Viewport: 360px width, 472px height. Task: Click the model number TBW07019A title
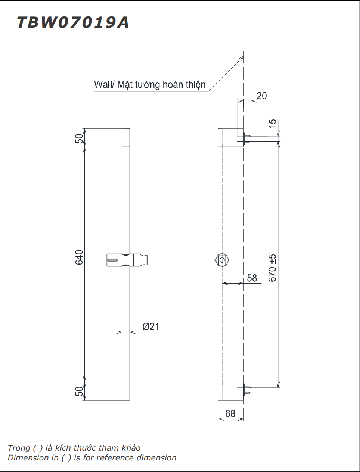click(x=73, y=22)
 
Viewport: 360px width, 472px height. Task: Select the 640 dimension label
click(x=79, y=257)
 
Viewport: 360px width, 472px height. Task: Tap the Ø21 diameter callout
click(x=151, y=327)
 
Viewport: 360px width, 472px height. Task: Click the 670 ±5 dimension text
click(x=273, y=268)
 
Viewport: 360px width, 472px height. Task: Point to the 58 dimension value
click(x=252, y=278)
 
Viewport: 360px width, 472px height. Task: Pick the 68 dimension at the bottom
click(x=230, y=413)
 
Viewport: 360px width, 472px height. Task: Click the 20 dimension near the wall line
click(x=262, y=96)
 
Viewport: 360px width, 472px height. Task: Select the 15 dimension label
click(x=273, y=124)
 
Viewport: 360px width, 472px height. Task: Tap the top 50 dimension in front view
click(x=79, y=138)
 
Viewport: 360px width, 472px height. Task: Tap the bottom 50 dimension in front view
click(x=79, y=391)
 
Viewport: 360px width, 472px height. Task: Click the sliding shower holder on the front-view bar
click(x=127, y=260)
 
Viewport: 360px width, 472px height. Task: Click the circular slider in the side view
click(x=222, y=260)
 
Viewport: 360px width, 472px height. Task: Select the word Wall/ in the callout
click(x=104, y=85)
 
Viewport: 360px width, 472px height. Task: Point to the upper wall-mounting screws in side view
click(x=247, y=138)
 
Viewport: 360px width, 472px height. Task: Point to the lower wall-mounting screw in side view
click(x=247, y=390)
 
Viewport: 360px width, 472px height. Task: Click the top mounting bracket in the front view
click(x=126, y=138)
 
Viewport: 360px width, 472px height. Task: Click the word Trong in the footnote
click(x=19, y=448)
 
